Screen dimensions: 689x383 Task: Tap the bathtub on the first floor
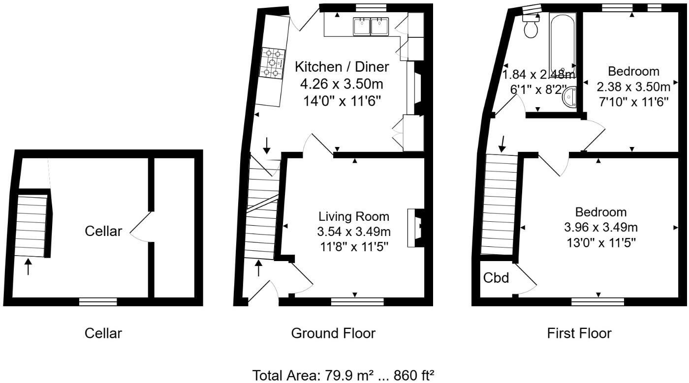pos(563,43)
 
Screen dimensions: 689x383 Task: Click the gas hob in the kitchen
pos(273,63)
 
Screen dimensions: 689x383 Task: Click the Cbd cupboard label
pos(496,278)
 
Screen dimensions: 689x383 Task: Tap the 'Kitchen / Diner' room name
pos(342,67)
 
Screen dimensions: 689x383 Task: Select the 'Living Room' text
pos(354,216)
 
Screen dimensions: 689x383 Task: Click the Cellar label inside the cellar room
pos(103,231)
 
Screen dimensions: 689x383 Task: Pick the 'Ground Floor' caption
pos(333,333)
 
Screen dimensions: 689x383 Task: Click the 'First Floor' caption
pos(579,333)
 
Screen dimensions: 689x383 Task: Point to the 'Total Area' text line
pos(344,375)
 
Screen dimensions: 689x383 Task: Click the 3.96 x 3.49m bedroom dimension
pos(601,228)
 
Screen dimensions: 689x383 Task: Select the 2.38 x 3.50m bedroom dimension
pos(633,87)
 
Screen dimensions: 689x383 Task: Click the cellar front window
pos(98,302)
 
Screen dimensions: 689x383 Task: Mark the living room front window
pos(357,302)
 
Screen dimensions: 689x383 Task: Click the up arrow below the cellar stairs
pos(28,266)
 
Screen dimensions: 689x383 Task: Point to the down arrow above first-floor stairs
pos(502,144)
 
